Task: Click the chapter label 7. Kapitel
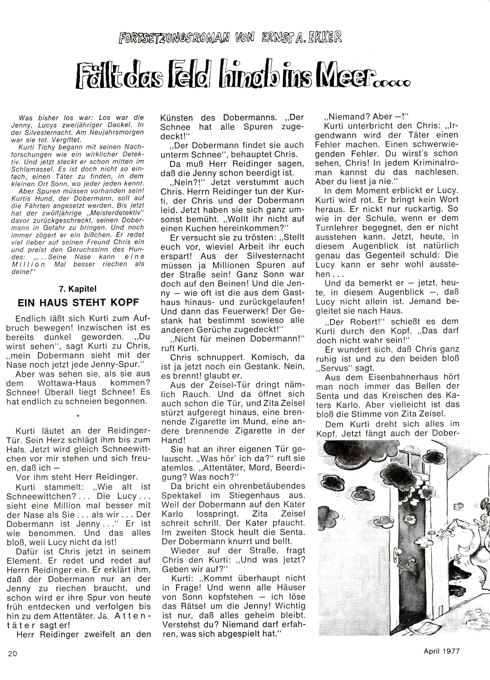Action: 78,289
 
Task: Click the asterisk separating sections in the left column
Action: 78,416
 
